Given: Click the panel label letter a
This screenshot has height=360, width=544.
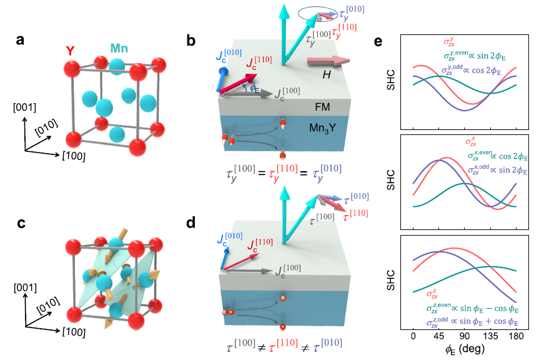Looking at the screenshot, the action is [20, 40].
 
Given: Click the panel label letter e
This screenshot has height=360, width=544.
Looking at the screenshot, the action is [378, 42].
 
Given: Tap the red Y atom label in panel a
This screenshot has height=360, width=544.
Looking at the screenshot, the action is [71, 51].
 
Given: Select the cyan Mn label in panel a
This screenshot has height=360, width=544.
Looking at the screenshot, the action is [119, 48].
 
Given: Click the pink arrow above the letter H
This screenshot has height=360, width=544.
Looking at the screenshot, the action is [328, 61].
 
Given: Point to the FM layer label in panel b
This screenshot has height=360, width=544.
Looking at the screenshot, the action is [322, 107].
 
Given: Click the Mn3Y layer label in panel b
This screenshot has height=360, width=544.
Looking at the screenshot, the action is [322, 129].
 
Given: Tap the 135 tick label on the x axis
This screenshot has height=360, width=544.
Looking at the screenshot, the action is [490, 336].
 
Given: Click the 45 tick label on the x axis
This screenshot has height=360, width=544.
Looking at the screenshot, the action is [438, 336].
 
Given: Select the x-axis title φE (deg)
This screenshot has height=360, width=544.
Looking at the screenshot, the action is [465, 349].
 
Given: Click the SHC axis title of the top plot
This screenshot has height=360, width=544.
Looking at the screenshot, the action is [390, 80].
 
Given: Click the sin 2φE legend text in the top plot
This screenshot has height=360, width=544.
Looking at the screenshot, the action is [490, 56].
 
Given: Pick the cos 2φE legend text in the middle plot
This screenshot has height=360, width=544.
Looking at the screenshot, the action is [513, 157].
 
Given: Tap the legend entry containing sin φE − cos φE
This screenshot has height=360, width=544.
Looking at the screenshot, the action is [473, 308].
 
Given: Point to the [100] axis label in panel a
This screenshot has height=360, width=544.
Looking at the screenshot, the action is [74, 156].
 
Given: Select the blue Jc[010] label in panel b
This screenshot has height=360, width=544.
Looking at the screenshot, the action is [229, 56].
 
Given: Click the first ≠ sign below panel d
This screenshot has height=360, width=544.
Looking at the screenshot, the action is [262, 347].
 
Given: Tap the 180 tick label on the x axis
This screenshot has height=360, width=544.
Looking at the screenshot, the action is [517, 336].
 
